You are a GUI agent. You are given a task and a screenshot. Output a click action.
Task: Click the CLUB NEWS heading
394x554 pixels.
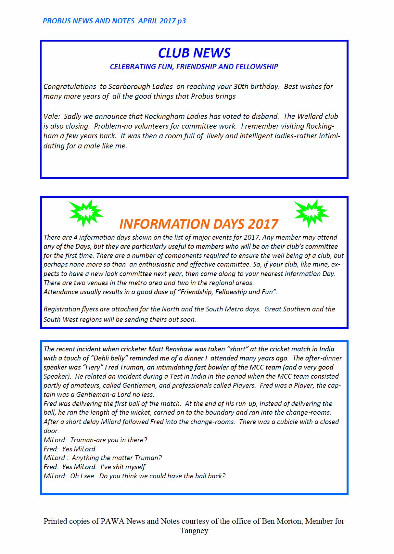pos(194,53)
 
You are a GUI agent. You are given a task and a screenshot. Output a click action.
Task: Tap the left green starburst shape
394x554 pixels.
pos(86,213)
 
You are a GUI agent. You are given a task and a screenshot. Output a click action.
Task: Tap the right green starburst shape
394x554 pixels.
pos(311,213)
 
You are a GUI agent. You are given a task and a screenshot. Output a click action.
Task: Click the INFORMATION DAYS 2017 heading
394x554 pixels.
pos(198,224)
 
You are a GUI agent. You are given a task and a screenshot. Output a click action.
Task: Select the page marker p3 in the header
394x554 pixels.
pos(182,21)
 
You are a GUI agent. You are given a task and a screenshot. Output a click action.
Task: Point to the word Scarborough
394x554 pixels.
pos(128,87)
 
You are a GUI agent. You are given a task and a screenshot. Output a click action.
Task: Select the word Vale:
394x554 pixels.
pos(52,117)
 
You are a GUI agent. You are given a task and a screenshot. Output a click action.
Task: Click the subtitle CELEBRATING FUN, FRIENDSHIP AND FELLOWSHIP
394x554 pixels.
pos(194,67)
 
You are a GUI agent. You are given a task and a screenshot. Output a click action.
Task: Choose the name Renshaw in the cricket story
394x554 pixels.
pos(179,349)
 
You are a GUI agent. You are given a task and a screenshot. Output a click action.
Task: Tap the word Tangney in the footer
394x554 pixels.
pos(194,531)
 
